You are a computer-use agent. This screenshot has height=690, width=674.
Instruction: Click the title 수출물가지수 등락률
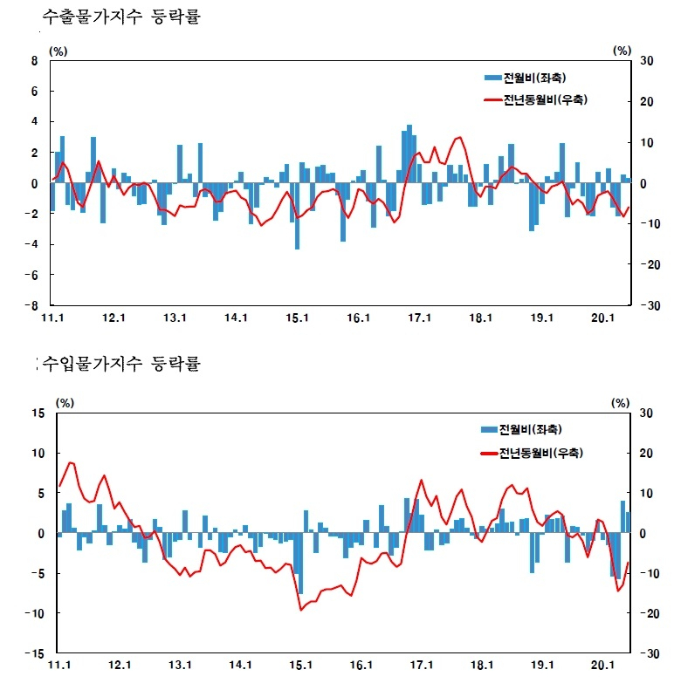[121, 17]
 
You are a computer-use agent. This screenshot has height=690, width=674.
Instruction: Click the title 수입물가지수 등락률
[121, 364]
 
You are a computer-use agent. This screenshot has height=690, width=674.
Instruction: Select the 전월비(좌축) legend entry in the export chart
[525, 78]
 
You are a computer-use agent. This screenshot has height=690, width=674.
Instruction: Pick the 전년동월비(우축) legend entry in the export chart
[536, 100]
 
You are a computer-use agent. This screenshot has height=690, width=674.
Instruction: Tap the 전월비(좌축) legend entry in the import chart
[521, 429]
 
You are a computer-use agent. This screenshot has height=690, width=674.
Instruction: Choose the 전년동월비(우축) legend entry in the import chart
[532, 453]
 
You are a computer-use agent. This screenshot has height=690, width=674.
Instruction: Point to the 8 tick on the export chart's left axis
[34, 61]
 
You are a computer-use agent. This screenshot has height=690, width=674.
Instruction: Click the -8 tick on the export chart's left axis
[31, 305]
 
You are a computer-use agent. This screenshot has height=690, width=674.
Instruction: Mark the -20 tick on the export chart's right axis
[650, 264]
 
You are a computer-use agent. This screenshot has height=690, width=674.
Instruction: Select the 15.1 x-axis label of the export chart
[297, 318]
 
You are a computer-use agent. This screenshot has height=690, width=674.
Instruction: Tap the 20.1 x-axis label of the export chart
[602, 318]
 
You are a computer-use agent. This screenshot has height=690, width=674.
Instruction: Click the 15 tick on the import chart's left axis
[38, 413]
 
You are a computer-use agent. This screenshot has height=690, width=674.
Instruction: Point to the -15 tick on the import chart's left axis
[35, 653]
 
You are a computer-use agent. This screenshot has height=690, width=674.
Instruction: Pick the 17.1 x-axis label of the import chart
[422, 665]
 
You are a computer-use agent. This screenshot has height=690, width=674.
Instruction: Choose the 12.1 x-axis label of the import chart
[120, 665]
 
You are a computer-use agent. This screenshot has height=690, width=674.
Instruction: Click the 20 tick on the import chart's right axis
[646, 453]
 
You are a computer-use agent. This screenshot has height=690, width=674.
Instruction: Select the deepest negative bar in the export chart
[298, 216]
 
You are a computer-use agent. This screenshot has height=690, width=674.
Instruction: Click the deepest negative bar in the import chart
[301, 564]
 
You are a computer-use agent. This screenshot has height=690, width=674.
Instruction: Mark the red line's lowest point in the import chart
[301, 610]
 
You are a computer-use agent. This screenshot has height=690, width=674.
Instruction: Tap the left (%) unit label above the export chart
[58, 51]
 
